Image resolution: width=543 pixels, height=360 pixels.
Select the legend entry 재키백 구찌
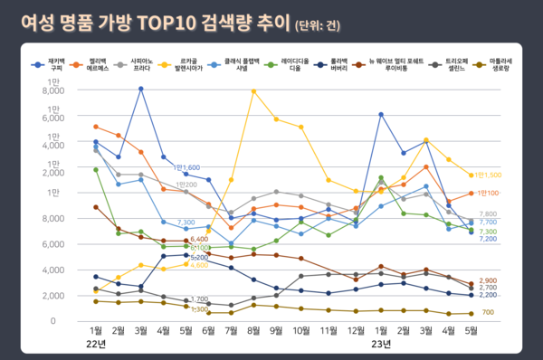56,65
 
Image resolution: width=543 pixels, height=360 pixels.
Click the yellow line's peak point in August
254,91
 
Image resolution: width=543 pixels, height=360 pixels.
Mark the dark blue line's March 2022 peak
141,89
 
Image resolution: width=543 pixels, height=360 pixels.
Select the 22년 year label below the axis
97,344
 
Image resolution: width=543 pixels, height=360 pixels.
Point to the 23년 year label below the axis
381,344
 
